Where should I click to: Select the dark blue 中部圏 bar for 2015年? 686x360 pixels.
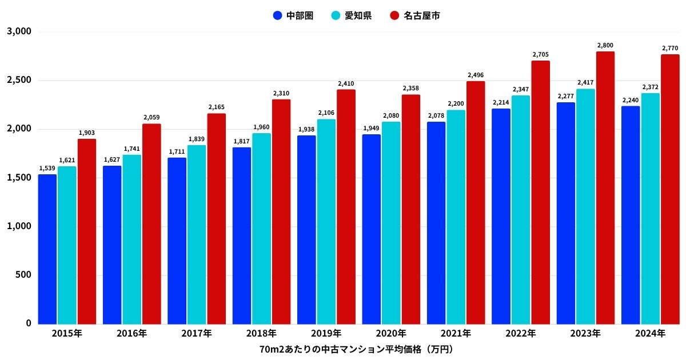(47, 249)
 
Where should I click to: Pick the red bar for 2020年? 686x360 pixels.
(411, 209)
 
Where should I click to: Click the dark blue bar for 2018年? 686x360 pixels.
(242, 235)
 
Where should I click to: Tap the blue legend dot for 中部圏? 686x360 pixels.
(278, 15)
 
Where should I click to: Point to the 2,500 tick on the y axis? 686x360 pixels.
(19, 81)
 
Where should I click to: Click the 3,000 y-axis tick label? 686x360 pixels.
(19, 32)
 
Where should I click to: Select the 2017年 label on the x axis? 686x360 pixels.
(196, 333)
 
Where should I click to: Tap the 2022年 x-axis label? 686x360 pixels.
(520, 333)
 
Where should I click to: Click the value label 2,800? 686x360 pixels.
(605, 45)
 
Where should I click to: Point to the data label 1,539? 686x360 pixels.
(47, 168)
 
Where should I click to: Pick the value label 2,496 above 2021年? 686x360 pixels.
(476, 75)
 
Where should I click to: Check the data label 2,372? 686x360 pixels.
(650, 87)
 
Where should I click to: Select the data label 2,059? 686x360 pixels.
(151, 118)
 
